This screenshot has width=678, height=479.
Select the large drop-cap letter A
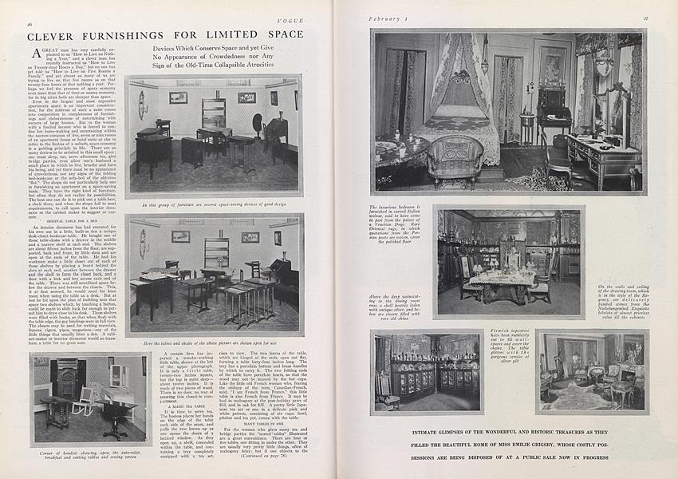click(x=37, y=52)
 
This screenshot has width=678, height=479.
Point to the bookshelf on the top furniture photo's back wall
click(x=213, y=113)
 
